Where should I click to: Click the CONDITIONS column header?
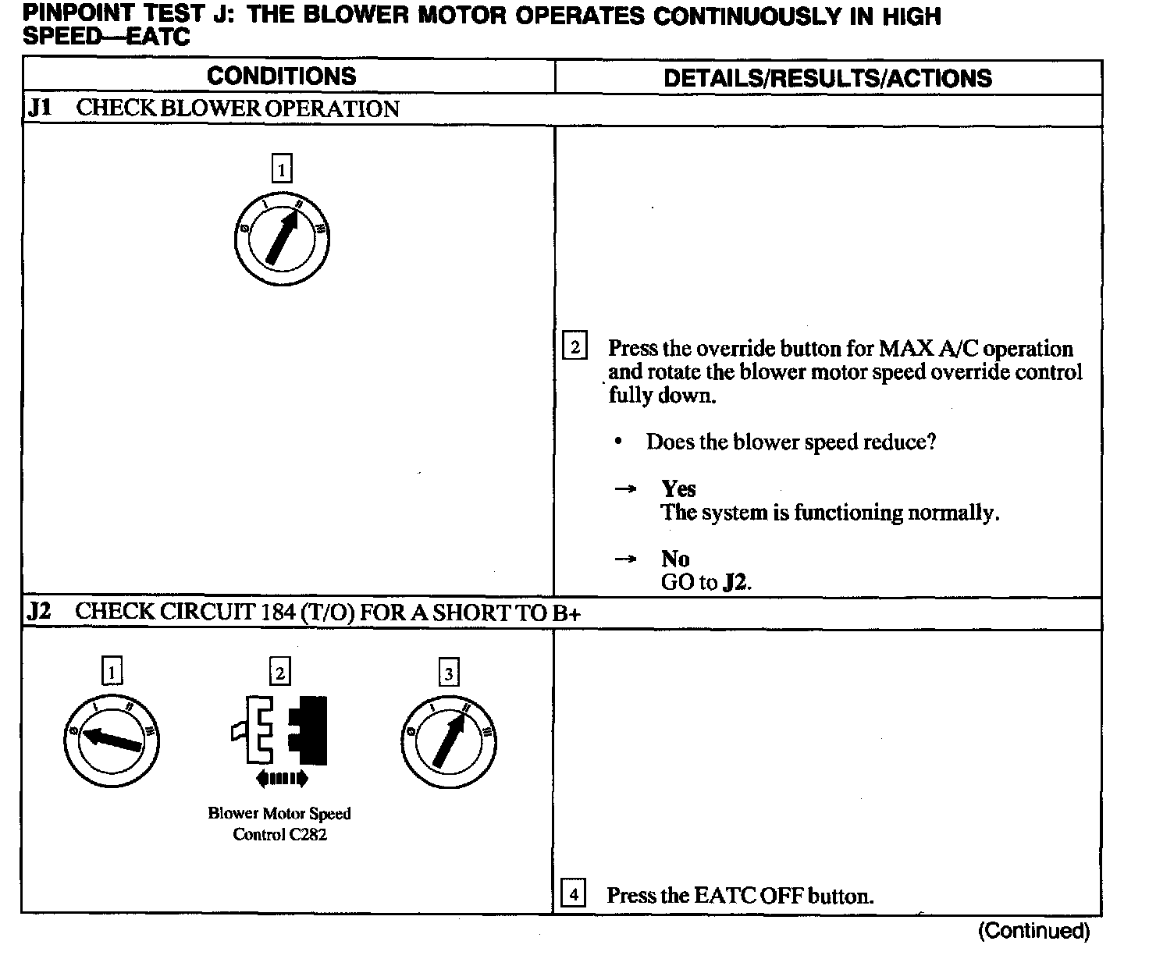(x=281, y=76)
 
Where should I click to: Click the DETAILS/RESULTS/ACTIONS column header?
(x=827, y=78)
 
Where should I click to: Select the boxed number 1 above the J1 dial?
(x=281, y=169)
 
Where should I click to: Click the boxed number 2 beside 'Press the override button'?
(x=574, y=346)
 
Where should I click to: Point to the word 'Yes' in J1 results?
(x=678, y=489)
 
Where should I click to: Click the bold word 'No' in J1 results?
(x=675, y=559)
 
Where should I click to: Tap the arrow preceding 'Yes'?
(x=625, y=490)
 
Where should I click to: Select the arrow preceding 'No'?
(x=625, y=559)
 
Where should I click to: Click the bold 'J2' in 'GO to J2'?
(x=734, y=583)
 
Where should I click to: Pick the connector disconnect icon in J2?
(x=279, y=731)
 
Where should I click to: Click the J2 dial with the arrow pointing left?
(x=112, y=739)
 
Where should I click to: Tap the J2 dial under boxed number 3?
(x=448, y=739)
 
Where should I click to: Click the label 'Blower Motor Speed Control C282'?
(x=279, y=824)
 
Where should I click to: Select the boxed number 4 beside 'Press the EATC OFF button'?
(x=574, y=894)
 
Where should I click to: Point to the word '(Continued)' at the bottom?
(x=1033, y=931)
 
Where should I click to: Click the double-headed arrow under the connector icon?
(x=281, y=778)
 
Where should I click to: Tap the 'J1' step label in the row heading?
(x=40, y=108)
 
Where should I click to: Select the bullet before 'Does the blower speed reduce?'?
(x=618, y=442)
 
